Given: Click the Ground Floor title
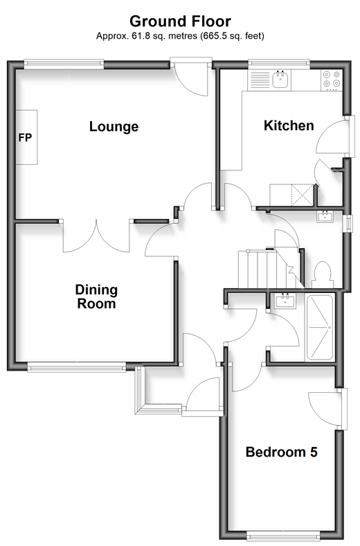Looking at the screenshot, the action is [180, 21].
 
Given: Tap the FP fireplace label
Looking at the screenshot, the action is [25, 138].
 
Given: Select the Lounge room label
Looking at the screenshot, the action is [114, 127].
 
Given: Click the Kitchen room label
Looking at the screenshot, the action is [289, 125].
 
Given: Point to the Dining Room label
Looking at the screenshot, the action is [96, 297].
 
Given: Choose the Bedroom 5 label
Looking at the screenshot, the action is [281, 452].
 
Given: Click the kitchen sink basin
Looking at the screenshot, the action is [280, 80].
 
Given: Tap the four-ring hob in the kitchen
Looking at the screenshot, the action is [332, 79].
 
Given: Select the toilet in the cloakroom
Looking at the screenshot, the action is [323, 275].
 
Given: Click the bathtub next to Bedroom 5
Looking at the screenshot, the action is [319, 327].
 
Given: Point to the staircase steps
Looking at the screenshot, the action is [268, 269].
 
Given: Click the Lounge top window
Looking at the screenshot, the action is [64, 63].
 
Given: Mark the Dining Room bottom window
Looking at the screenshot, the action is [77, 367].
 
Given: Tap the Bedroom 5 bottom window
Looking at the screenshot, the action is [284, 536].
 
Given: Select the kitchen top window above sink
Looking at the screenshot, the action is [279, 63].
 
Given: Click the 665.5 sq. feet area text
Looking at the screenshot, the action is [232, 36].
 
